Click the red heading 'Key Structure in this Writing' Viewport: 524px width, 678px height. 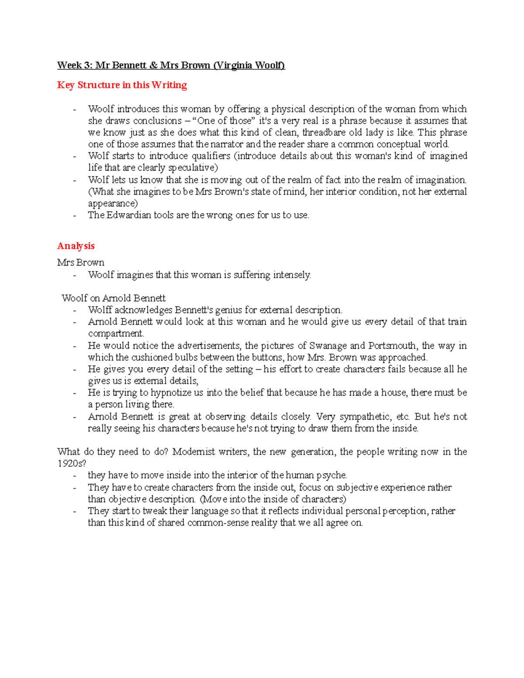(122, 85)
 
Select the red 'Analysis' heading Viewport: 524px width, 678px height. (76, 246)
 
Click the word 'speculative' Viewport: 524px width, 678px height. (192, 168)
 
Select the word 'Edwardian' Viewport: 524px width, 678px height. (129, 215)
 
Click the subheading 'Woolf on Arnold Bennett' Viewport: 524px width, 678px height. (114, 298)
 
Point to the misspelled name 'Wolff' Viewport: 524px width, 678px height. (100, 310)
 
